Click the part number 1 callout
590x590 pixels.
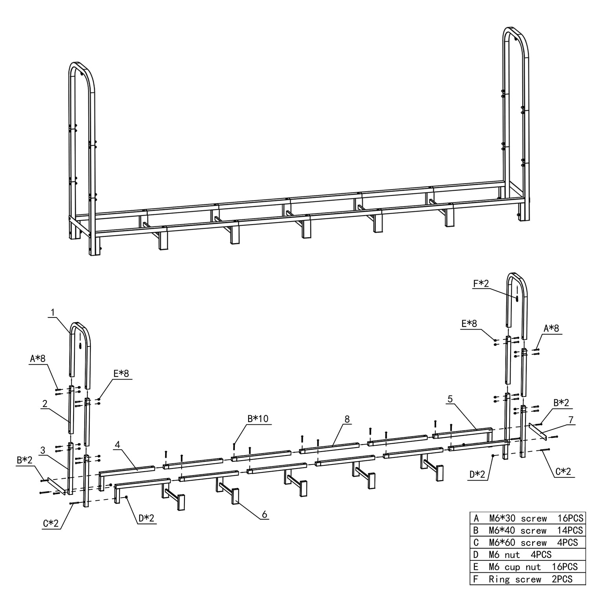tap(53, 313)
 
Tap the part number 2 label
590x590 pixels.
tap(45, 404)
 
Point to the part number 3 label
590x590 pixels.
tap(43, 450)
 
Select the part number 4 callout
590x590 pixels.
tap(118, 445)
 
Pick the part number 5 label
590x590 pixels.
tap(450, 399)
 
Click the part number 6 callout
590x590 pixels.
tap(265, 514)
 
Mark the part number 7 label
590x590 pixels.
tap(571, 420)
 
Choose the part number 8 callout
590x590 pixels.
tap(347, 419)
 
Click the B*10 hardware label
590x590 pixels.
tap(258, 419)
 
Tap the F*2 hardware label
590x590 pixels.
tap(481, 283)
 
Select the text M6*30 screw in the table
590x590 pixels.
tap(518, 518)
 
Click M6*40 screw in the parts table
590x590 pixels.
tap(518, 530)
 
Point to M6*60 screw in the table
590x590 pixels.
tap(518, 542)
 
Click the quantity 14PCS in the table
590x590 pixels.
tap(570, 530)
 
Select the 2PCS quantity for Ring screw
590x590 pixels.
tap(562, 579)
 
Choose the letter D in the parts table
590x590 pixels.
tap(476, 555)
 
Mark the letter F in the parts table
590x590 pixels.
tap(476, 579)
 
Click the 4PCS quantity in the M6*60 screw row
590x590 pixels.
tap(568, 542)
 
